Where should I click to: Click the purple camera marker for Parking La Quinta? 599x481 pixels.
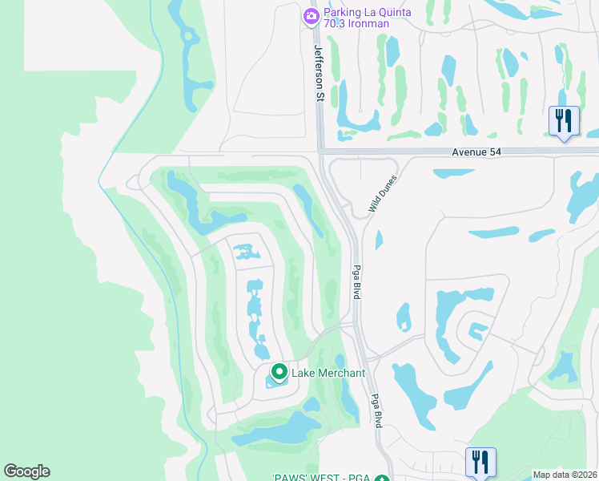click(x=312, y=15)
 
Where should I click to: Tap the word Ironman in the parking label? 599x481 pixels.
click(x=369, y=24)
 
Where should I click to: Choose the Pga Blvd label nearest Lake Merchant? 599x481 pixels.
click(x=374, y=409)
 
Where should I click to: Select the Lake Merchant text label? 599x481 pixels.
click(x=328, y=373)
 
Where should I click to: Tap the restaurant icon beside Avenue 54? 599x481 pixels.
click(x=564, y=121)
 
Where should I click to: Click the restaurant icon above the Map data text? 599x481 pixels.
click(x=480, y=462)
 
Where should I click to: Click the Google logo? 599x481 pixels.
click(x=26, y=471)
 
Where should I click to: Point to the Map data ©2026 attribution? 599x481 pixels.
click(x=565, y=475)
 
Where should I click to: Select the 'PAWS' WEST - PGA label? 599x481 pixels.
click(x=320, y=479)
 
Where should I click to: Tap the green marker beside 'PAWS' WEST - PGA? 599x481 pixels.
click(x=382, y=479)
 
